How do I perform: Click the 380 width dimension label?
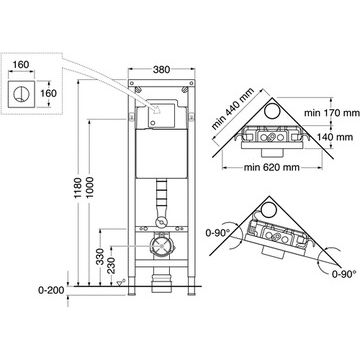pos(161,70)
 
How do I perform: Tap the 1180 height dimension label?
pos(78,188)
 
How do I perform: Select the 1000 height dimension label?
pos(90,188)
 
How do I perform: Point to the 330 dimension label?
pos(100,257)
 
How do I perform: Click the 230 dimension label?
pos(112,266)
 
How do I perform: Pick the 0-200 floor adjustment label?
pos(51,290)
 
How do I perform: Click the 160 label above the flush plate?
pos(21,64)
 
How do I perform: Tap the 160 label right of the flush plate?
pos(49,93)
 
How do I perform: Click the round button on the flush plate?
pos(19,94)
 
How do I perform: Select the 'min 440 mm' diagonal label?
pos(233,109)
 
